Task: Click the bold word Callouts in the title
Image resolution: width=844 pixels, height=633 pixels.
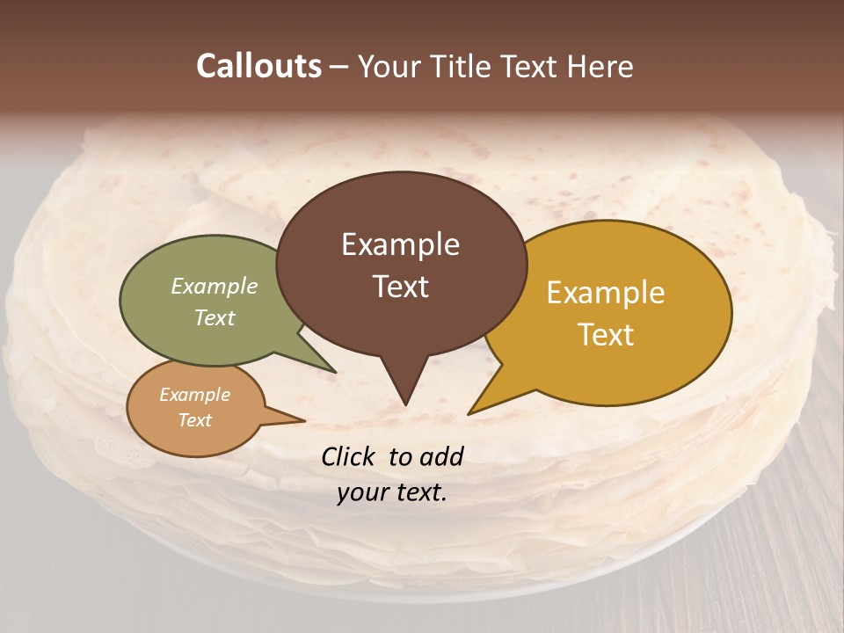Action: pos(258,66)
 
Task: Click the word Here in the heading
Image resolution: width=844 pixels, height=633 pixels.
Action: pos(601,66)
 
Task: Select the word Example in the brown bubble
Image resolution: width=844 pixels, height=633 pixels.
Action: pos(400,244)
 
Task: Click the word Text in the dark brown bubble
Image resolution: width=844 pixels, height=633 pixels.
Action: pos(400,286)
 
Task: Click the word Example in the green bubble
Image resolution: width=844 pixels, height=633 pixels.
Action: pos(214,286)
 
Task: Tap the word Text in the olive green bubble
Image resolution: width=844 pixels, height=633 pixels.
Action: pos(214,317)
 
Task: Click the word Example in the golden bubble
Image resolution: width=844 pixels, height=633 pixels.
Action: pos(605,293)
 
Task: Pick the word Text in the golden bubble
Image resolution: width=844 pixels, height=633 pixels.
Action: pos(605,334)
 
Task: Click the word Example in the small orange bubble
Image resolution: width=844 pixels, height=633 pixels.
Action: pos(194,395)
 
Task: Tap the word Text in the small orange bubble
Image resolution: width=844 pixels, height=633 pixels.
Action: pos(194,420)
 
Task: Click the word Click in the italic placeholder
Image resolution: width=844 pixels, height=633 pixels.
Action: pos(348,456)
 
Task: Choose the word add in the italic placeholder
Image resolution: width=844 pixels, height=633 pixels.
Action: pos(441,456)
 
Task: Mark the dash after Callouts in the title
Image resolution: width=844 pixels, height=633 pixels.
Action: pos(339,67)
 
